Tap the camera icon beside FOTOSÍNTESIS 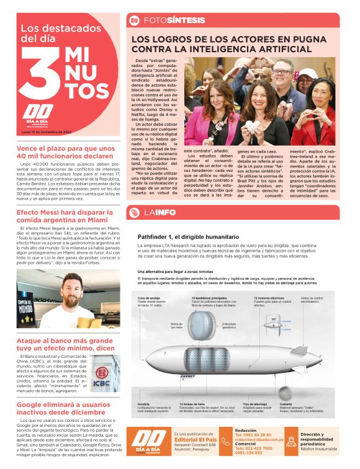(x=134, y=20)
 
